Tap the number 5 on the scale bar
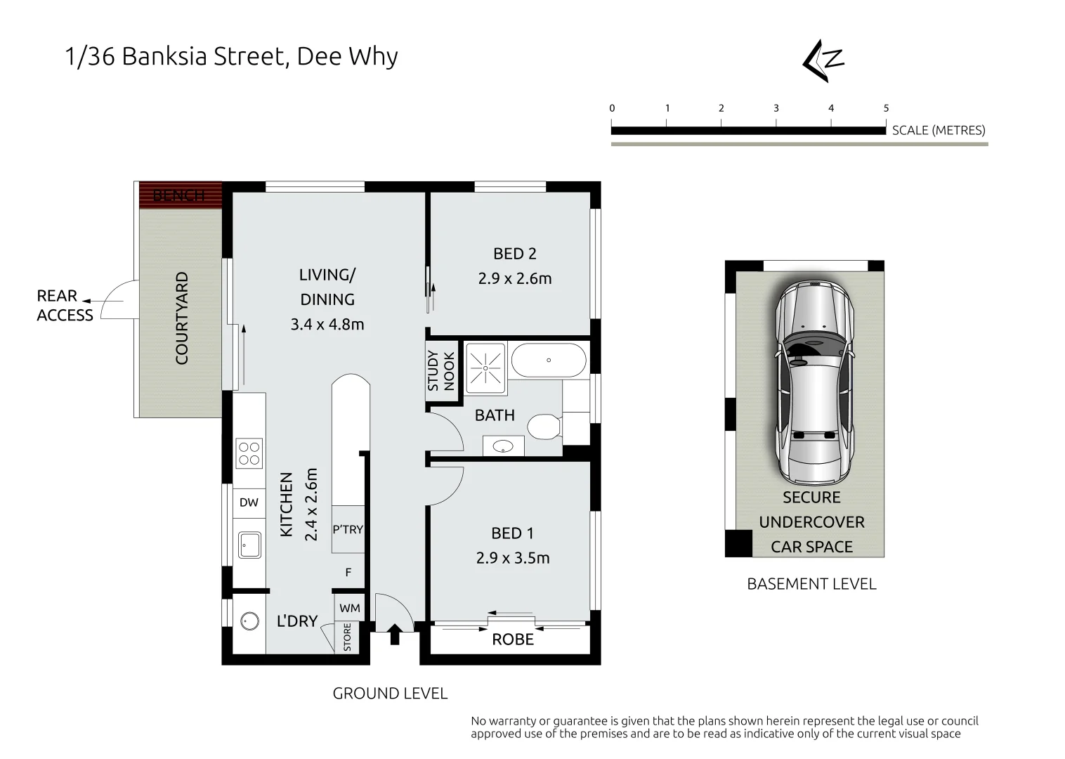point(886,108)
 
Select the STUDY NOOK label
point(441,370)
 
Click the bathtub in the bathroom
point(548,360)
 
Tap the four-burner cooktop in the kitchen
point(249,453)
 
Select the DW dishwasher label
point(249,502)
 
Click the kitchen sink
point(249,545)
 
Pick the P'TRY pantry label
point(348,529)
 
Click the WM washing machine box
point(349,608)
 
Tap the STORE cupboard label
point(347,637)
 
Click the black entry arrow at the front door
point(395,634)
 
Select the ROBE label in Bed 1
point(512,640)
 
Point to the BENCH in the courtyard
point(180,195)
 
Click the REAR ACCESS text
point(65,306)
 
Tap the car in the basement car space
point(814,379)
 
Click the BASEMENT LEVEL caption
point(811,584)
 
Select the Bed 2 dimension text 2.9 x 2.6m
point(514,278)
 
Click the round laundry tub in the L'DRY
point(249,621)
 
